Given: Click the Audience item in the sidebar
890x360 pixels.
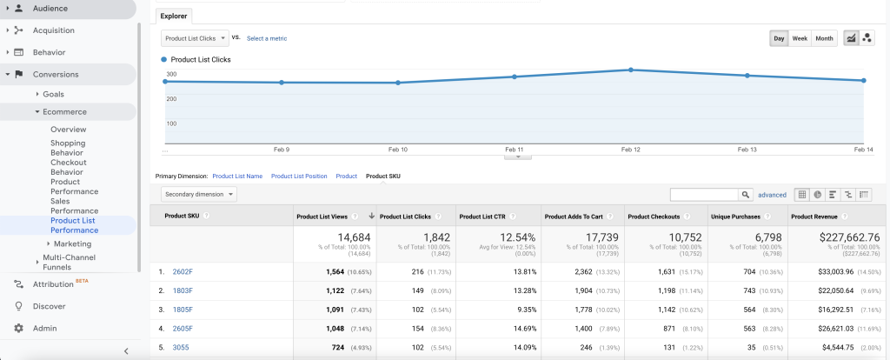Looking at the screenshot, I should click(50, 8).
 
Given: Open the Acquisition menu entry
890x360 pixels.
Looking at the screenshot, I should click(54, 30).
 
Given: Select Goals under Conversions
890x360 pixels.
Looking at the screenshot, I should click(54, 94).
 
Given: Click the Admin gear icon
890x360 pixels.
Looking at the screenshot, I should click(18, 328).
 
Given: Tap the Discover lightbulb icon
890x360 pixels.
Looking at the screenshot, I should click(18, 306).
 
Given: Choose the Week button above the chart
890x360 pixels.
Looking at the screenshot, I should click(800, 38).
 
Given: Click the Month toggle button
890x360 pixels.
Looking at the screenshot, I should click(824, 38).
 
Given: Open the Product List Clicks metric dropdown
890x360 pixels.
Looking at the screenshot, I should click(195, 38).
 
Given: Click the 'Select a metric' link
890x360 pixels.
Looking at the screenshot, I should click(267, 38).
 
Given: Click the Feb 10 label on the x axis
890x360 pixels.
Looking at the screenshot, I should click(397, 150).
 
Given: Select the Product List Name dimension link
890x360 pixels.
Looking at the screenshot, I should click(237, 177).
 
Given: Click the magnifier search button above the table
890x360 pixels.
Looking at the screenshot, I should click(745, 195).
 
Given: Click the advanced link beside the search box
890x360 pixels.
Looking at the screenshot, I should click(772, 195).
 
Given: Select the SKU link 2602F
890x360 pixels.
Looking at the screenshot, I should click(183, 271).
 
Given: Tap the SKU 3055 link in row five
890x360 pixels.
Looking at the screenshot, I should click(181, 348).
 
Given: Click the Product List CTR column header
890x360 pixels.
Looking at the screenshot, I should click(482, 216).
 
